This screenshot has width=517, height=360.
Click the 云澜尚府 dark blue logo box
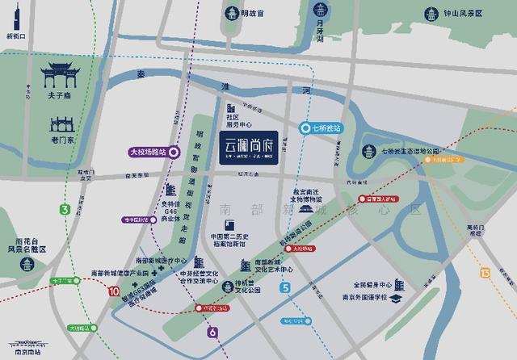tap(249, 149)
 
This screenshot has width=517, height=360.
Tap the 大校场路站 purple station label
tap(152, 151)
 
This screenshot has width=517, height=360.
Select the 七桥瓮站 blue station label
tap(322, 128)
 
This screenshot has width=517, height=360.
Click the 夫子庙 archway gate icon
tap(61, 76)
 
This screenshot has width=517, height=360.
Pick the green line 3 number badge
tap(65, 210)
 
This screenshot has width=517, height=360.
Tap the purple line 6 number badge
tap(212, 332)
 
